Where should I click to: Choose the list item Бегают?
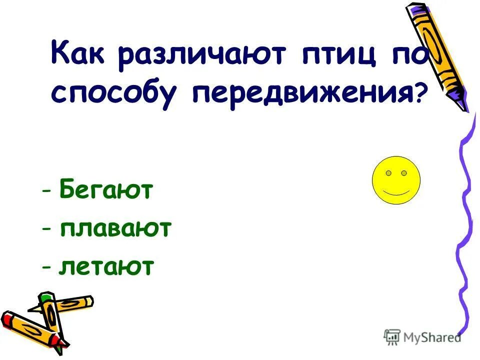[105, 190]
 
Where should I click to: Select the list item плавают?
[115, 229]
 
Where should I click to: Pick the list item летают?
[105, 268]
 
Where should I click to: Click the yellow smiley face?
[396, 180]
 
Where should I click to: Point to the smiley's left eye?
[388, 173]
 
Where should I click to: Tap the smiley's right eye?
[404, 173]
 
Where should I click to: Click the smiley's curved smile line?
[396, 192]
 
